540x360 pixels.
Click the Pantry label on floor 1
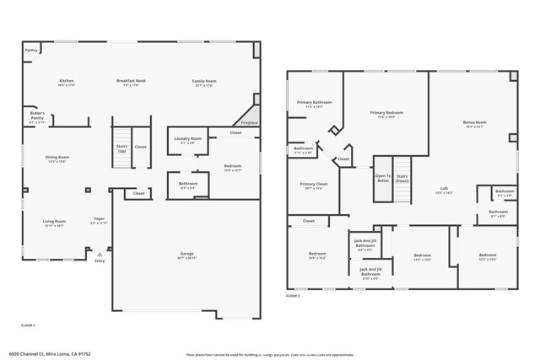point(32,51)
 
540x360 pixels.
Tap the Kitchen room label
point(67,82)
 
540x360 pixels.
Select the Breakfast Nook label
point(132,82)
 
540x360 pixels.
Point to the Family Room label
point(203,82)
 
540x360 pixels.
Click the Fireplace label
point(250,122)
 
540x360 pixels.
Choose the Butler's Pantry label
point(37,115)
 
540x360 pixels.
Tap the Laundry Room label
point(187,139)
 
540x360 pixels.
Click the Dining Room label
point(57,157)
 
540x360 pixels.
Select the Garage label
point(187,254)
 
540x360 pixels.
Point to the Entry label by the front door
point(100,261)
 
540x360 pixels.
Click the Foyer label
point(99,221)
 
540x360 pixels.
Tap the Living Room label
point(54,222)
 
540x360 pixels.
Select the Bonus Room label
point(475,123)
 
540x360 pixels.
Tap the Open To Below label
point(383,179)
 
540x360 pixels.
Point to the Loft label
point(444,189)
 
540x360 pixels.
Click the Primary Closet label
point(314,184)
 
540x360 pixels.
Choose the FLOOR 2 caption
point(293,297)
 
